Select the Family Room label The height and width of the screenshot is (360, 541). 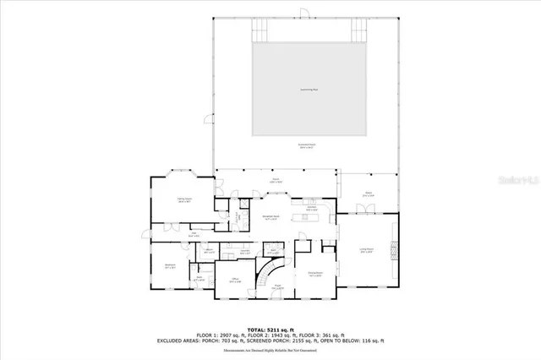click(x=183, y=200)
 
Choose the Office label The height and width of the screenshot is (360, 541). click(x=236, y=281)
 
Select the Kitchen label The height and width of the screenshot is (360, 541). click(x=312, y=209)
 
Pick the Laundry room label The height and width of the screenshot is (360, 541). click(x=243, y=252)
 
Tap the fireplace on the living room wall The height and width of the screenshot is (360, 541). click(x=394, y=248)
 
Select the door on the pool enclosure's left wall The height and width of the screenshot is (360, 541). click(x=211, y=118)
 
